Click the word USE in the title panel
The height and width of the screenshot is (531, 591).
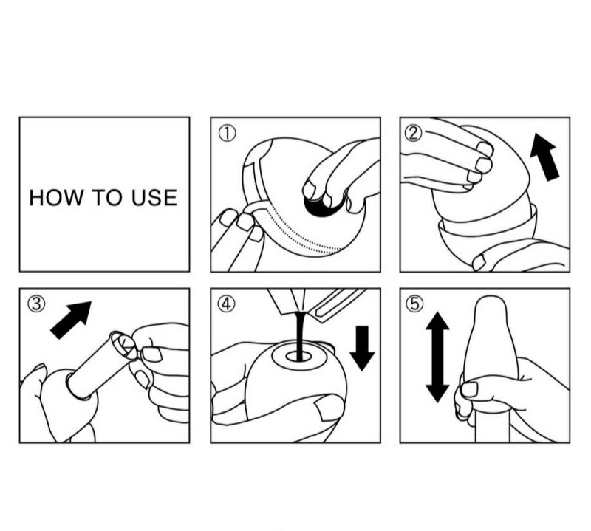click(x=154, y=197)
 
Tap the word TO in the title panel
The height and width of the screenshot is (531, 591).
click(x=108, y=197)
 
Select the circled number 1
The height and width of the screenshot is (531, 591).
click(x=228, y=134)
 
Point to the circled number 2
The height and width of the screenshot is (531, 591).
click(x=413, y=134)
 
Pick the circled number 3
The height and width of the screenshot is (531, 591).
click(x=36, y=304)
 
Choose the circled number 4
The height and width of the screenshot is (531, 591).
click(x=227, y=304)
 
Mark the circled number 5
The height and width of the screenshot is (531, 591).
click(x=414, y=304)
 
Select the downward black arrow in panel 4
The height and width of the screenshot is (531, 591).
click(x=362, y=349)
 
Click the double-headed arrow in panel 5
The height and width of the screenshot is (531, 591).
click(x=437, y=357)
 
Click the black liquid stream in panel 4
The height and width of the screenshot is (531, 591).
click(x=300, y=335)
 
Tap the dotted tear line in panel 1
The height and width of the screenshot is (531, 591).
click(x=301, y=233)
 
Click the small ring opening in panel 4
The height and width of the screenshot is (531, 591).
click(x=298, y=357)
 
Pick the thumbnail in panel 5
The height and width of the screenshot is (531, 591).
click(x=470, y=389)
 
